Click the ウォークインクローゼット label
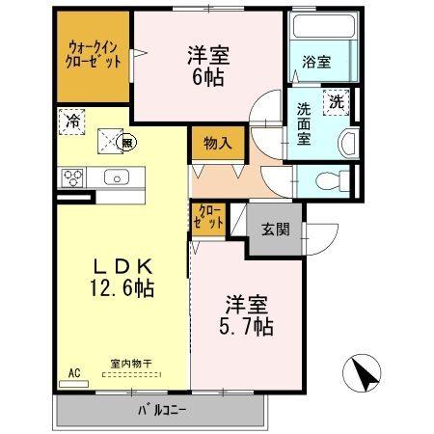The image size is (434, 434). (94, 53)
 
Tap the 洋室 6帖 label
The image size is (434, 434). (207, 66)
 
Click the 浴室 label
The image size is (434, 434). (316, 63)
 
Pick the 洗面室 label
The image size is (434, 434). (303, 122)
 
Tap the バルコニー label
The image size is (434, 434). (159, 410)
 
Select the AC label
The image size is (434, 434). (73, 372)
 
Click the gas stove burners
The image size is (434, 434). (72, 177)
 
